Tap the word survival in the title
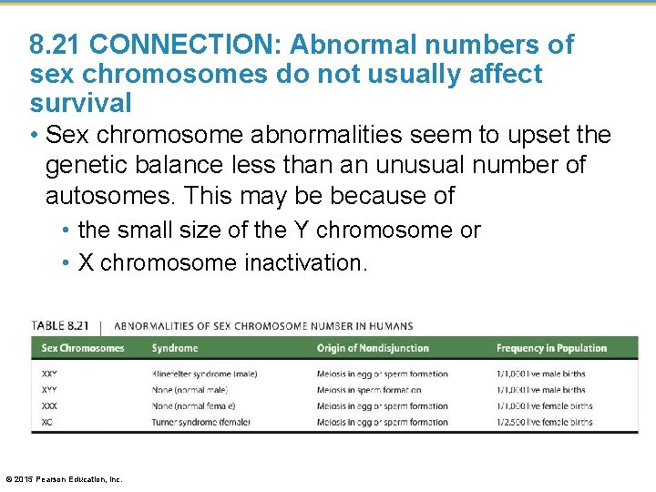coord(80,102)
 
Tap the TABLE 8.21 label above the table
coord(61,325)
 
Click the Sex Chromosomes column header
coord(83,348)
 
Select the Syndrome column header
coord(174,348)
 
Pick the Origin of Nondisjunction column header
coord(374,348)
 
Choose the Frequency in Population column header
coord(551,348)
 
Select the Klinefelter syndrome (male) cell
coord(204,374)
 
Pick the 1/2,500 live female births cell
coord(544,422)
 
